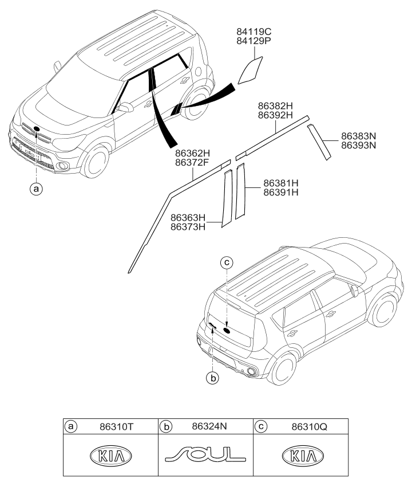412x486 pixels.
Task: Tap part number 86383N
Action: tap(359, 136)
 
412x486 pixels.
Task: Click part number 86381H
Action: tap(282, 183)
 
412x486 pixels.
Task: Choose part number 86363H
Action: tap(188, 218)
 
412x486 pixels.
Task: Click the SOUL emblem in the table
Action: tap(205, 455)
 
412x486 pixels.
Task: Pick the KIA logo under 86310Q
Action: tap(302, 456)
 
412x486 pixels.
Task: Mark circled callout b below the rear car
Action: tap(212, 379)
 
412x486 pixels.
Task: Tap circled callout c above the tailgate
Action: tap(227, 262)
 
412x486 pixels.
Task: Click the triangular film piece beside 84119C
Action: tap(249, 69)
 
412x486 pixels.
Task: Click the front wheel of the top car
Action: tap(96, 162)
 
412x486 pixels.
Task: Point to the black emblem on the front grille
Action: tap(36, 129)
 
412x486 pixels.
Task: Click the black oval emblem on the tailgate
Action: tap(227, 330)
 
